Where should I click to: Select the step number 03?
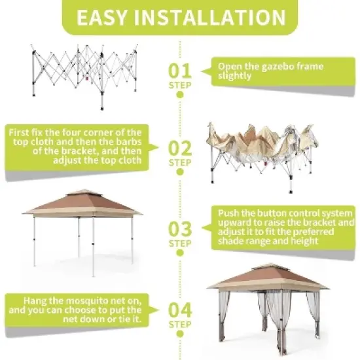point(180,228)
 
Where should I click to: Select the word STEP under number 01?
point(180,85)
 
